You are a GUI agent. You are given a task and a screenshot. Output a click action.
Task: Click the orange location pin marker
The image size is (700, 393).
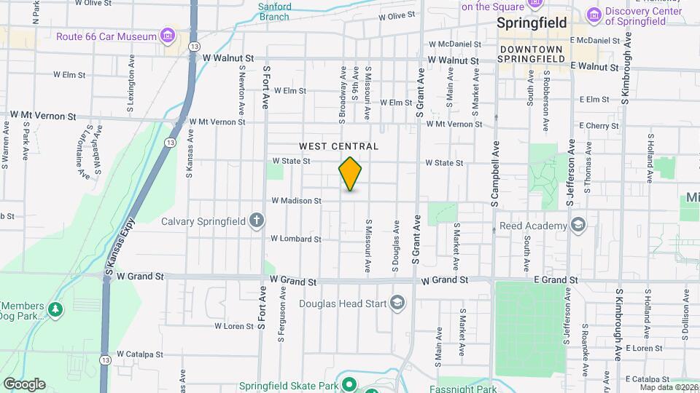tap(351, 174)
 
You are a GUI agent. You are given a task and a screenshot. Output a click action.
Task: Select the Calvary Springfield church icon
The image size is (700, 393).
tap(256, 220)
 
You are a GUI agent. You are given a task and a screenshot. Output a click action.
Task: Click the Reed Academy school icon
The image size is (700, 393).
tap(578, 225)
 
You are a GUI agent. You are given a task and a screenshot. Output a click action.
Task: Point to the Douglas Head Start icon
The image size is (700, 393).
tap(397, 303)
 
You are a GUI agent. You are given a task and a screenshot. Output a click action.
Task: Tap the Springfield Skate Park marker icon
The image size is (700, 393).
tap(349, 384)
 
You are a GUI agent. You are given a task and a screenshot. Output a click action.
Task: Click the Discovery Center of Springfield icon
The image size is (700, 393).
tap(594, 14)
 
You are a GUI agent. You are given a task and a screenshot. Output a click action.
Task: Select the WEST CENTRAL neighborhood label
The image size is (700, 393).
tap(338, 146)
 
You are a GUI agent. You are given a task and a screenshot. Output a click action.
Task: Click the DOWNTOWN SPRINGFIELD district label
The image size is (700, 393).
tap(532, 53)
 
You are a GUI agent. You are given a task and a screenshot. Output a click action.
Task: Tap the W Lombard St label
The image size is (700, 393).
tap(296, 239)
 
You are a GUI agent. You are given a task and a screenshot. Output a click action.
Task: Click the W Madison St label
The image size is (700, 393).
tap(296, 200)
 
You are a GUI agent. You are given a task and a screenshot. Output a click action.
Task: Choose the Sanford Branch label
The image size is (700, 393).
tap(274, 11)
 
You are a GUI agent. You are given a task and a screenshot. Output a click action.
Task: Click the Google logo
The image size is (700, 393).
tap(24, 384)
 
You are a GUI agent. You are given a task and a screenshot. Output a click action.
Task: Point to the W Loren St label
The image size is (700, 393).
tap(233, 326)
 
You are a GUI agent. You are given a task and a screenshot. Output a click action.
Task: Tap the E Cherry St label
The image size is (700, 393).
tap(599, 126)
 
